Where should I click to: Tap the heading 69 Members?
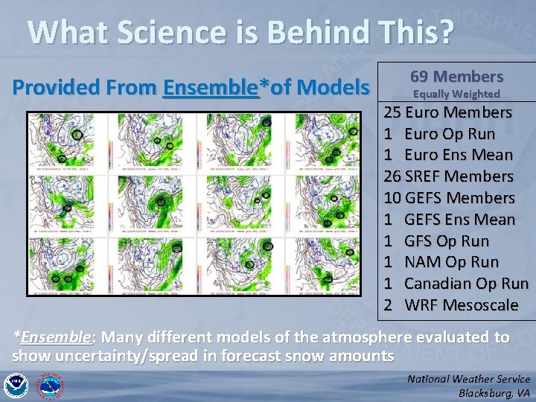point(456,77)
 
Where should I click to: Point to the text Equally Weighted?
point(456,94)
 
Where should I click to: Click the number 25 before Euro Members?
point(392,112)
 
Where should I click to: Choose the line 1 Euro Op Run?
point(439,134)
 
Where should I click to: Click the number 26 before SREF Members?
point(392,176)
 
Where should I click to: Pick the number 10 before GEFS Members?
point(392,198)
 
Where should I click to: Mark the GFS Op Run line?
point(447,241)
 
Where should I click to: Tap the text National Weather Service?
point(468,379)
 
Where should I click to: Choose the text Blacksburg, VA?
point(494,393)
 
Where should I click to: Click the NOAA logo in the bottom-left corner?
point(15,386)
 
